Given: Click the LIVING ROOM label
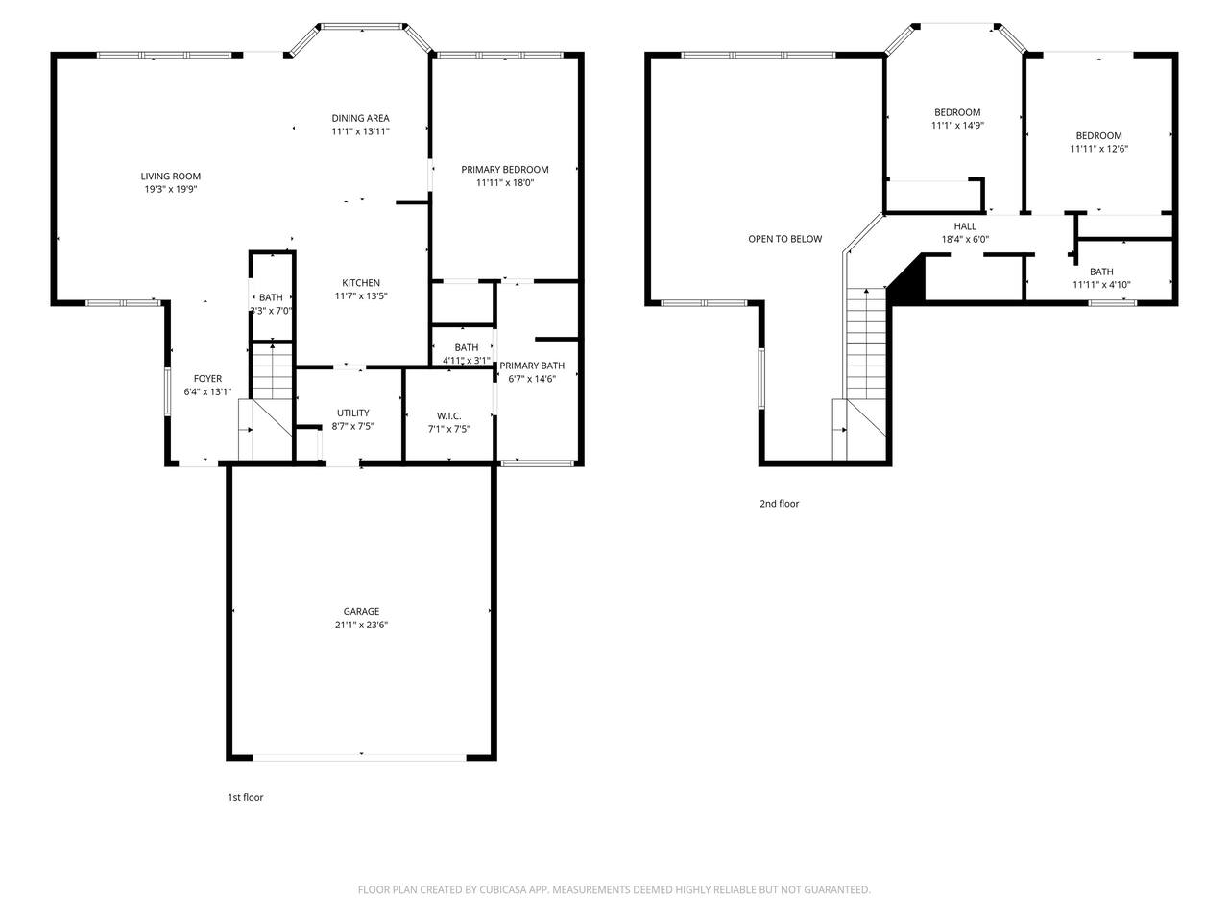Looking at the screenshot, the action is [x=170, y=177].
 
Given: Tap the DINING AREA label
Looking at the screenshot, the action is [x=360, y=118].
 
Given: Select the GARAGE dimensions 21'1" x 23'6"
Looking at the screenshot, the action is [x=361, y=625].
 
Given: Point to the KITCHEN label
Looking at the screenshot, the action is [x=361, y=283].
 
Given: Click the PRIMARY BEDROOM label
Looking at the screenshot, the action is [x=504, y=170].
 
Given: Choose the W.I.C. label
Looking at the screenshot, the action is [x=448, y=416].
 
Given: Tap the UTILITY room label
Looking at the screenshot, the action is [x=352, y=413].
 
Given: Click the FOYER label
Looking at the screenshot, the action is [x=207, y=379].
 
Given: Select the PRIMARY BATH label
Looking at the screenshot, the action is [x=532, y=366].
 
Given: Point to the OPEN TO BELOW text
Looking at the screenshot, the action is [x=785, y=239].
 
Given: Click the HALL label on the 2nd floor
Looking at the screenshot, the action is [x=965, y=225].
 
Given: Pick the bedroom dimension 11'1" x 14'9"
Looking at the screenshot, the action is [x=957, y=126].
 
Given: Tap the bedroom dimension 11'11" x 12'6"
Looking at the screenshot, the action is [x=1098, y=149].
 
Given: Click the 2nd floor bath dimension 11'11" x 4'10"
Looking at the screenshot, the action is [x=1101, y=285].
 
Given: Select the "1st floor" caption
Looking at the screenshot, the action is [x=245, y=797].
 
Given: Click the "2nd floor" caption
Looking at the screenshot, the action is [x=779, y=504].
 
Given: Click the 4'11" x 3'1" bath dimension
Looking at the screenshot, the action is [x=466, y=361].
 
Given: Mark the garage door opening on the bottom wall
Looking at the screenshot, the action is [x=360, y=758].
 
